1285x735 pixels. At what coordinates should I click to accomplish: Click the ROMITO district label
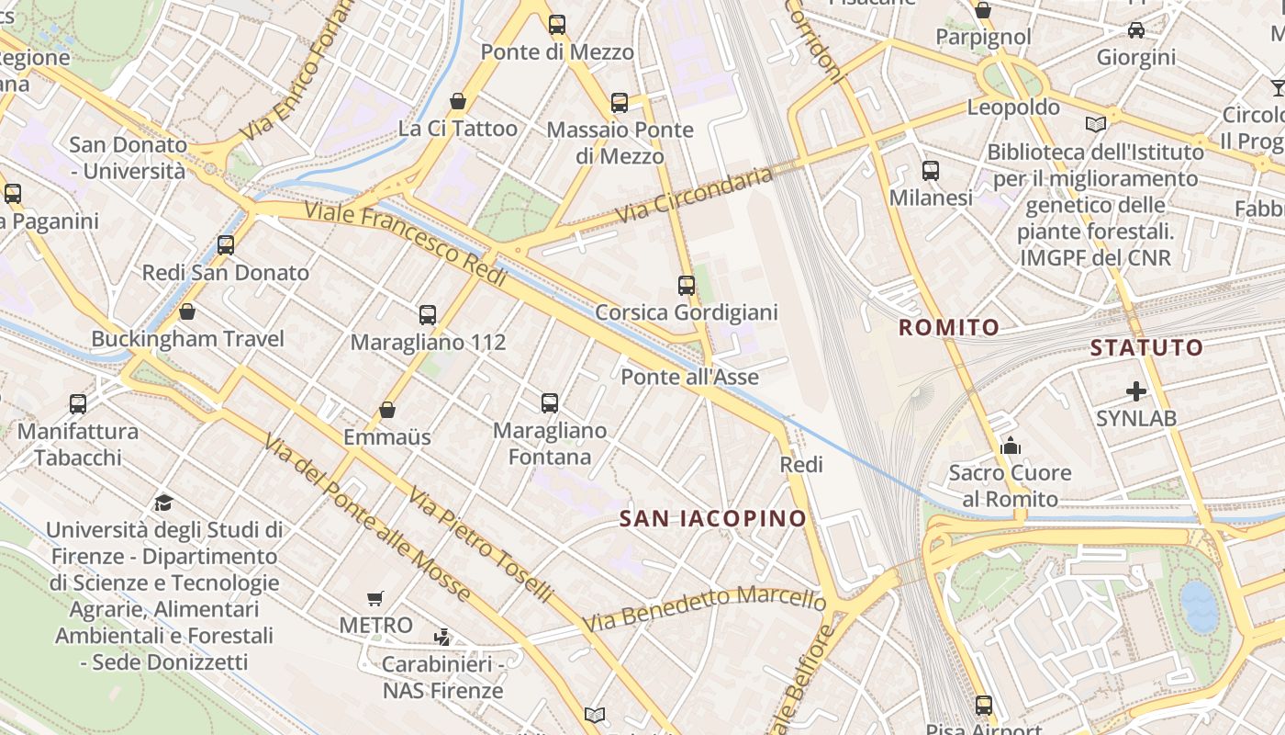pyautogui.click(x=948, y=327)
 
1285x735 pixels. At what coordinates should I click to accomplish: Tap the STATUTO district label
pyautogui.click(x=1146, y=347)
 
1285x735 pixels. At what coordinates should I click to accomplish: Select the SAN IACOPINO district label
pyautogui.click(x=712, y=518)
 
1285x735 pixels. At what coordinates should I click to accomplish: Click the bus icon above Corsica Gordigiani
pyautogui.click(x=687, y=285)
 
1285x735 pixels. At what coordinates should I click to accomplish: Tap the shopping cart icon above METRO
pyautogui.click(x=374, y=599)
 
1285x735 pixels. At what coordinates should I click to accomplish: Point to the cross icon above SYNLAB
pyautogui.click(x=1136, y=391)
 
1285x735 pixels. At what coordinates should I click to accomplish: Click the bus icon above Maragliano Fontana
pyautogui.click(x=550, y=402)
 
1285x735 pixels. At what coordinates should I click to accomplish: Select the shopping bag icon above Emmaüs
pyautogui.click(x=387, y=410)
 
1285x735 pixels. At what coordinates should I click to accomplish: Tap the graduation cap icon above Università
pyautogui.click(x=164, y=502)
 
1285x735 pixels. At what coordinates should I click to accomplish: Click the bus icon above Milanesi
pyautogui.click(x=931, y=171)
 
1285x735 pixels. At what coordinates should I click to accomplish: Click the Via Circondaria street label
pyautogui.click(x=695, y=195)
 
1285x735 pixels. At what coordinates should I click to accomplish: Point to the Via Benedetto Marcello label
pyautogui.click(x=704, y=610)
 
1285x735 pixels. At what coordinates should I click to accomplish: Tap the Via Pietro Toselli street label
pyautogui.click(x=480, y=544)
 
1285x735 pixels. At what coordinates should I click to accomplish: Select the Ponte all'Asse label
pyautogui.click(x=689, y=377)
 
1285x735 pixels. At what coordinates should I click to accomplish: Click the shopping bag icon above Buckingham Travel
pyautogui.click(x=187, y=312)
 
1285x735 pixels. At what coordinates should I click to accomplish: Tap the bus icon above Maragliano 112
pyautogui.click(x=428, y=315)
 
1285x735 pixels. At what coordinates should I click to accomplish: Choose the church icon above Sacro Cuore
pyautogui.click(x=1011, y=447)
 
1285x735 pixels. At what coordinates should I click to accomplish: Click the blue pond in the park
pyautogui.click(x=1198, y=606)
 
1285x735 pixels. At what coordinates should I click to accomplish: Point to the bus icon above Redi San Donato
pyautogui.click(x=226, y=245)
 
